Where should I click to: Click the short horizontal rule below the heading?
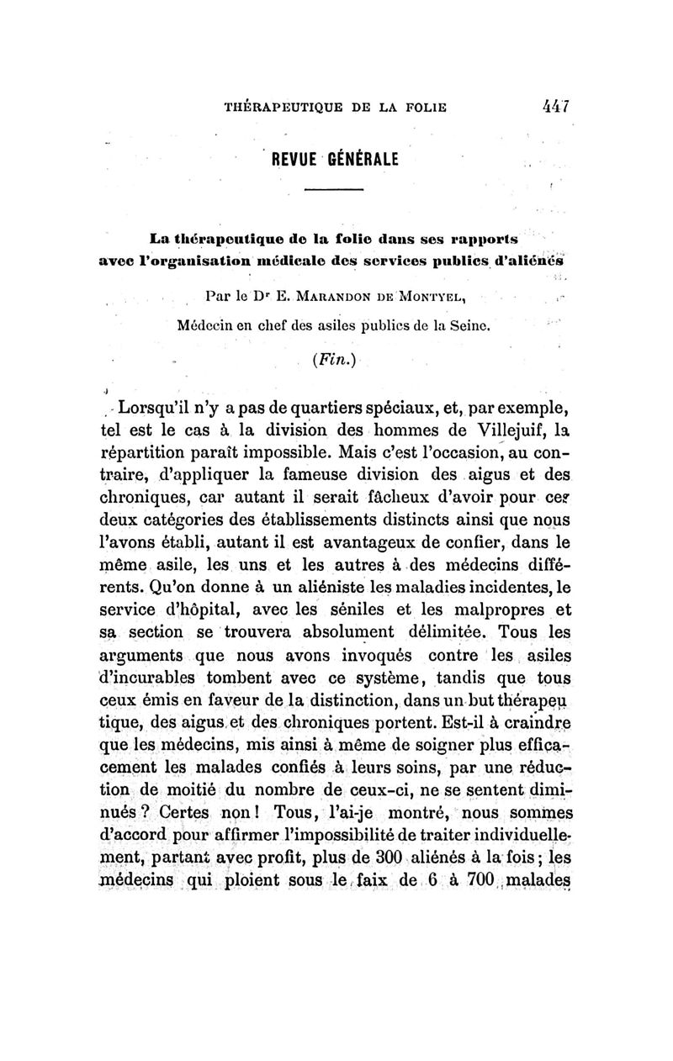(x=331, y=194)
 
